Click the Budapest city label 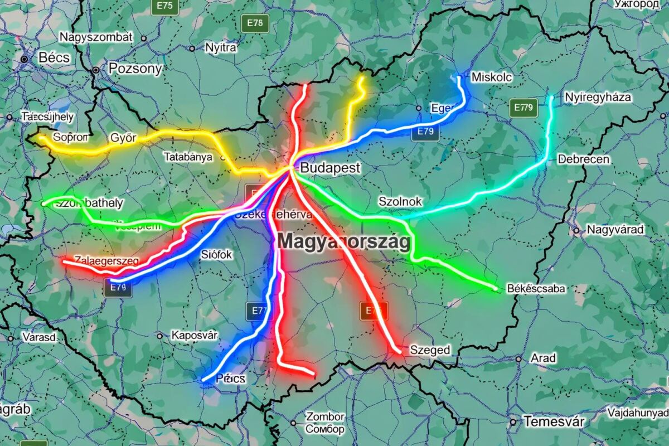coord(330,168)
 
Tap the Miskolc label coord(491,77)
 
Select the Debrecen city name coord(583,159)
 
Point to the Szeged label coord(430,350)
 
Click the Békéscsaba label coord(536,288)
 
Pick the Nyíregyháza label coord(598,97)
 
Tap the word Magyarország coord(344,242)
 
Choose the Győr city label coord(123,138)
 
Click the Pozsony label coord(135,69)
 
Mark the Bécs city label coord(54,57)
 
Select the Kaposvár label coord(194,335)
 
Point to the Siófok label coord(216,255)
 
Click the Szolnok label coord(400,201)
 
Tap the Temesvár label coord(554,421)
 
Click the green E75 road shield coord(165,6)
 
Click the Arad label coord(543,358)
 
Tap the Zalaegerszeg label coord(106,260)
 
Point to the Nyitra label coord(221,47)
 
